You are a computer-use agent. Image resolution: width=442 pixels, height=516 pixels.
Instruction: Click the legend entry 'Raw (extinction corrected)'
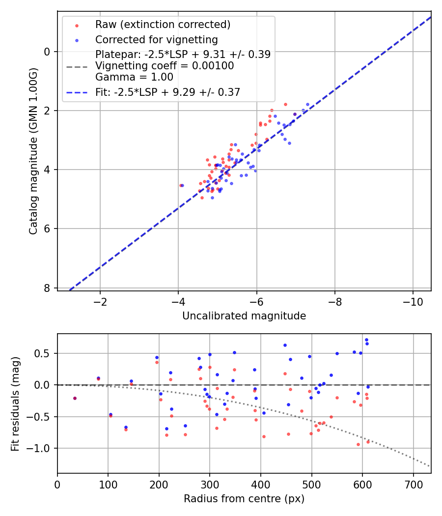tap(163, 25)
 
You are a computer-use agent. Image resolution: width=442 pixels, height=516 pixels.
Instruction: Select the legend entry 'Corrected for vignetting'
tap(156, 39)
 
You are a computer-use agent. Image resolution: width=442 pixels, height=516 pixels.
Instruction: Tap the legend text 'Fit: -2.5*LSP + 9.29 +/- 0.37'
tap(167, 92)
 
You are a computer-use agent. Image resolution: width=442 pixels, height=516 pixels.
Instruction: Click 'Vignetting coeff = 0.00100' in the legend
tap(165, 66)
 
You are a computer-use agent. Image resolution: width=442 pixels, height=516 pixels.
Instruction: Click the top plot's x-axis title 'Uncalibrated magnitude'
tap(244, 316)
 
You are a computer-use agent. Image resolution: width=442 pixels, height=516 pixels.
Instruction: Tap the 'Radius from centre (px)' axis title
tap(244, 499)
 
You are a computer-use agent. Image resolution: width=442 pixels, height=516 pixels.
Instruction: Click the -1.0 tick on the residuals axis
tap(41, 448)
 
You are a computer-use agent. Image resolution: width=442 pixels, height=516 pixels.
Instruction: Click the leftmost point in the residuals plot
tap(75, 398)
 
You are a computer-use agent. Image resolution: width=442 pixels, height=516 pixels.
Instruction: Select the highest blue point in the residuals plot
tap(366, 340)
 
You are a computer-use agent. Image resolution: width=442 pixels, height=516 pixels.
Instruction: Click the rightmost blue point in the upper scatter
tap(308, 104)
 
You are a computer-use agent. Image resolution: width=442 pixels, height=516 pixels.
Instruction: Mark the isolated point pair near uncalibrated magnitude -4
tap(181, 185)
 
